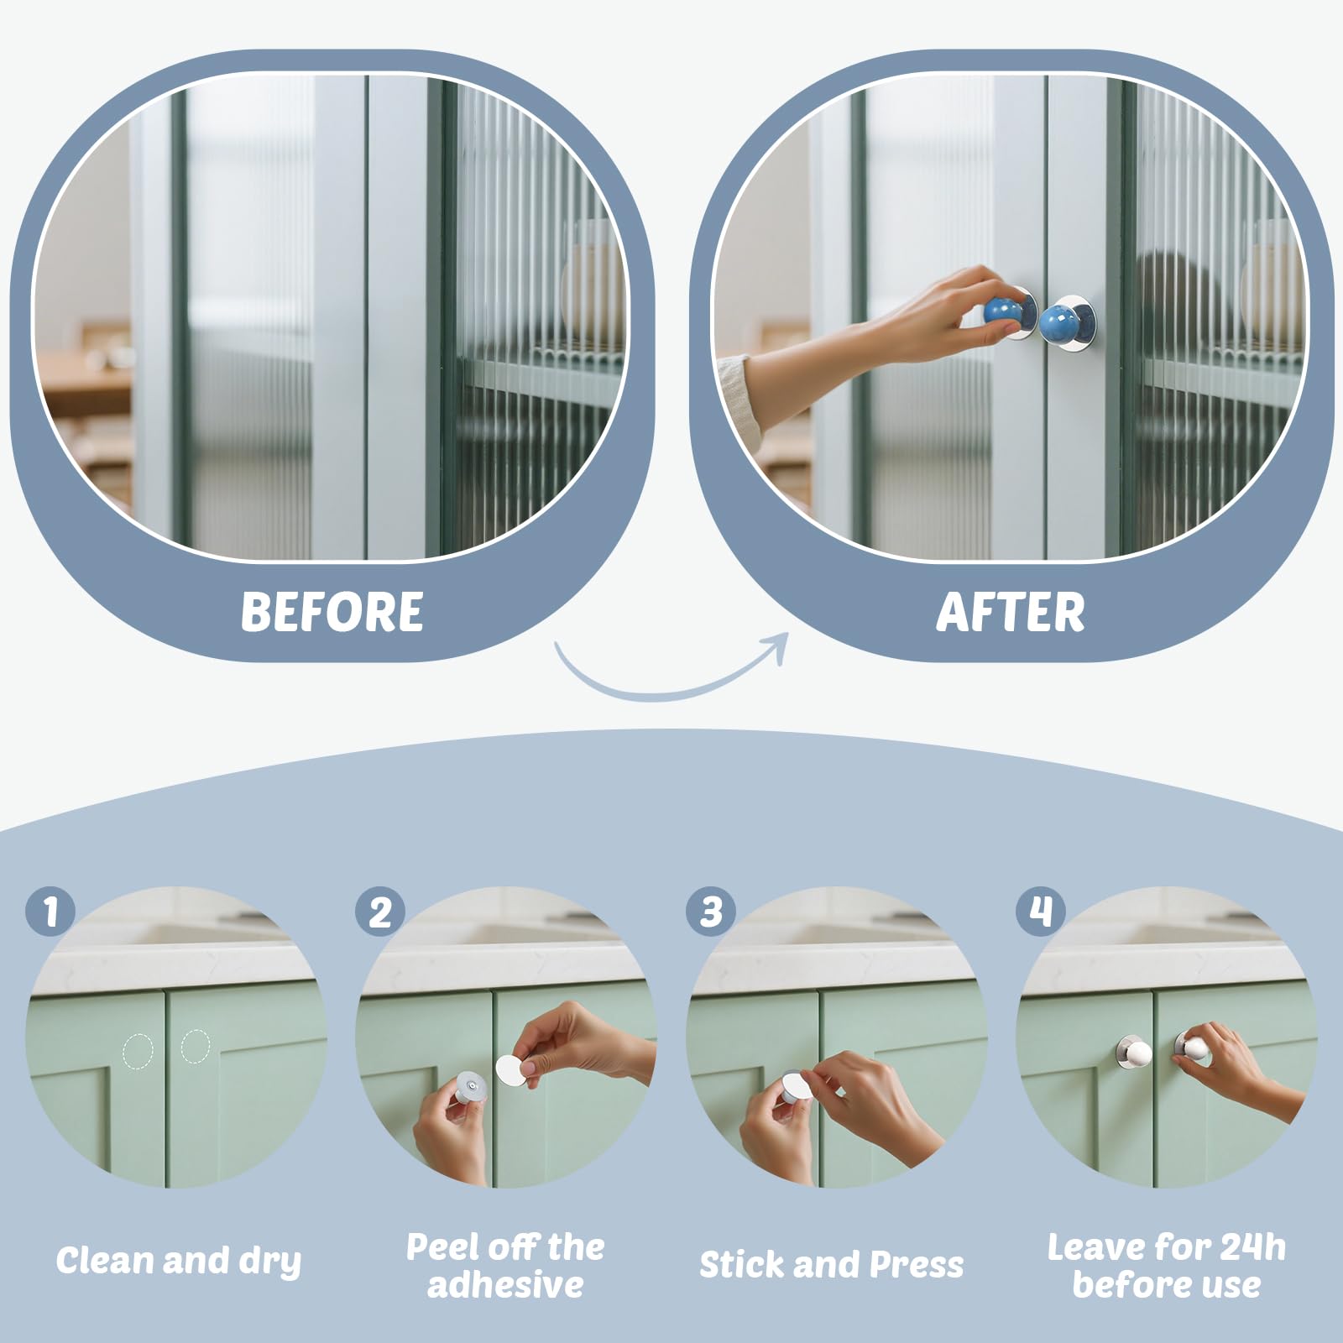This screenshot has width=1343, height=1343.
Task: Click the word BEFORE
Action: tap(332, 612)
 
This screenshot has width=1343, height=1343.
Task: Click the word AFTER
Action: tap(1011, 612)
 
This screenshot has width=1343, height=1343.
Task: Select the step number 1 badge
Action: tap(50, 911)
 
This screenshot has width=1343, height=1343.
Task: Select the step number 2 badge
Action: tap(380, 911)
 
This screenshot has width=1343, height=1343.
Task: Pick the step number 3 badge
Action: tap(711, 911)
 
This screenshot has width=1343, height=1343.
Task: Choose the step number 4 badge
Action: tap(1041, 911)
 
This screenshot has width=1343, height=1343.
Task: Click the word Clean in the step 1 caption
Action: tap(105, 1261)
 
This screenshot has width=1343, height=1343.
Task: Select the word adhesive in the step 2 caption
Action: tap(505, 1285)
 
